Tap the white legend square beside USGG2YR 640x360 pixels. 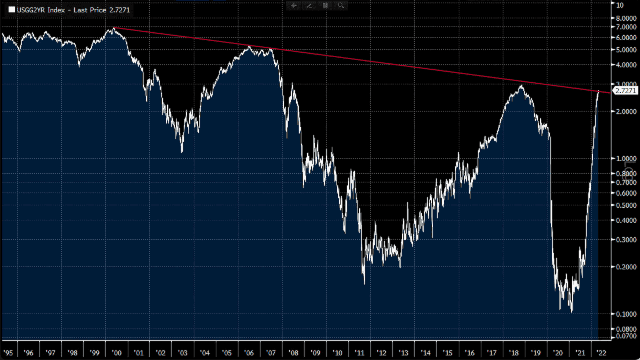click(x=11, y=9)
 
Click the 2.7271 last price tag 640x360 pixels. click(x=626, y=90)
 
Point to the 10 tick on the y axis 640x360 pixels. click(x=620, y=5)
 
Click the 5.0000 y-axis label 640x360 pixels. click(x=626, y=50)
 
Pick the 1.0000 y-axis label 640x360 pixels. click(x=626, y=159)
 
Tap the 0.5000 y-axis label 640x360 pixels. click(x=626, y=205)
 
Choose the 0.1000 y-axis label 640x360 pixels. click(x=626, y=314)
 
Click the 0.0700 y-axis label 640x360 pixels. click(x=626, y=337)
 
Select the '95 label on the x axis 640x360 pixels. click(x=7, y=353)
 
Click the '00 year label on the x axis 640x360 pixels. click(x=117, y=353)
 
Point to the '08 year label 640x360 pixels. click(x=293, y=353)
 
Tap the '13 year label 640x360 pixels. click(x=403, y=353)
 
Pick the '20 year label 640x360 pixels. click(x=558, y=353)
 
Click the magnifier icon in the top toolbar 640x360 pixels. click(x=341, y=5)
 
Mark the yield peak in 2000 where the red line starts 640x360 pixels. click(x=114, y=28)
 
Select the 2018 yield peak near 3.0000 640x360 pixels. click(x=521, y=86)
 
